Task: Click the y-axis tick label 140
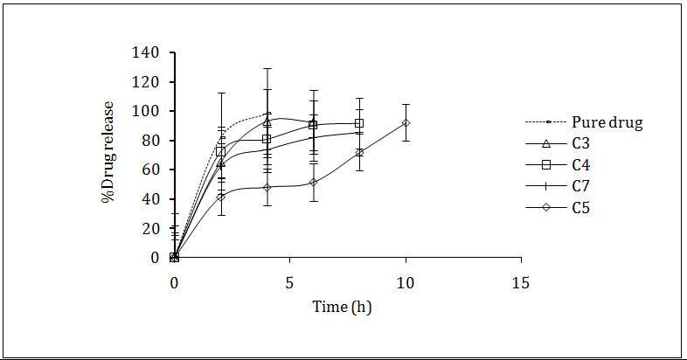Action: click(146, 53)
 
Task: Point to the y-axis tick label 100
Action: click(146, 112)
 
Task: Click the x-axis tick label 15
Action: click(521, 283)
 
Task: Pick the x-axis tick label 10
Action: click(406, 283)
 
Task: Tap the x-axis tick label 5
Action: click(289, 283)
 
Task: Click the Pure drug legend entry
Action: click(607, 123)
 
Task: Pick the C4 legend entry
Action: click(582, 165)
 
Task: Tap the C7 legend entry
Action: click(582, 186)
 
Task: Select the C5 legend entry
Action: click(582, 207)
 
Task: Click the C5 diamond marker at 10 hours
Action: click(406, 123)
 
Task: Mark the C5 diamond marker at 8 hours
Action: click(359, 153)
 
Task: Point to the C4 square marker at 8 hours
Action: click(359, 123)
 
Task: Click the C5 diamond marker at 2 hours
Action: click(220, 197)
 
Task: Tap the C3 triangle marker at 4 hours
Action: click(267, 122)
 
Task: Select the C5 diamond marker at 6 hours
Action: click(313, 183)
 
